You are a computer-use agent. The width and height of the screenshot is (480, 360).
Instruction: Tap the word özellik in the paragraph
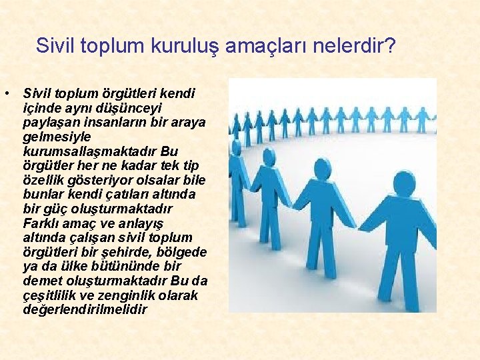(x=43, y=180)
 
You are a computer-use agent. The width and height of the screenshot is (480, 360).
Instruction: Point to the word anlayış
(x=141, y=223)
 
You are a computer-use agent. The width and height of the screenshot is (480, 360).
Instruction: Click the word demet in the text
(x=41, y=281)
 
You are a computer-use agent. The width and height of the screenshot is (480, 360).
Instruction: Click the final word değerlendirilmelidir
(x=84, y=311)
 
